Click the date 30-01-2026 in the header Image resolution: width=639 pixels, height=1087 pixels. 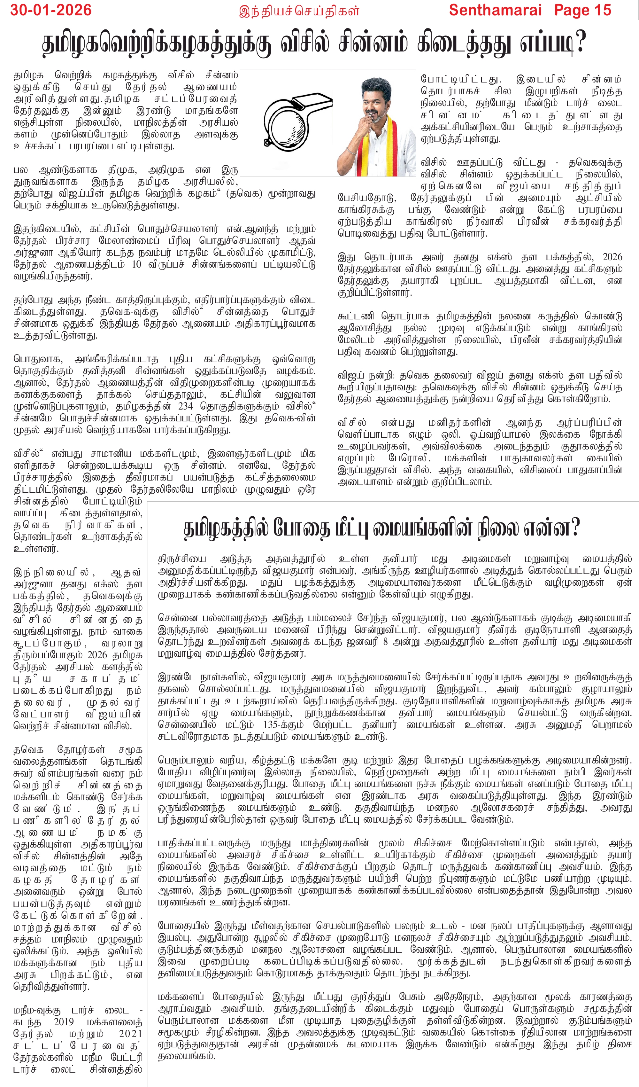[51, 10]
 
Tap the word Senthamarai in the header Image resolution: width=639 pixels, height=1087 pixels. [495, 10]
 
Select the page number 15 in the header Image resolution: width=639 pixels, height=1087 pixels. [602, 10]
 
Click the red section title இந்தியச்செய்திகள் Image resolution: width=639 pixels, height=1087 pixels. [299, 11]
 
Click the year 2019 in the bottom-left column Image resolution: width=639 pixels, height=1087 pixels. [64, 1022]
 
